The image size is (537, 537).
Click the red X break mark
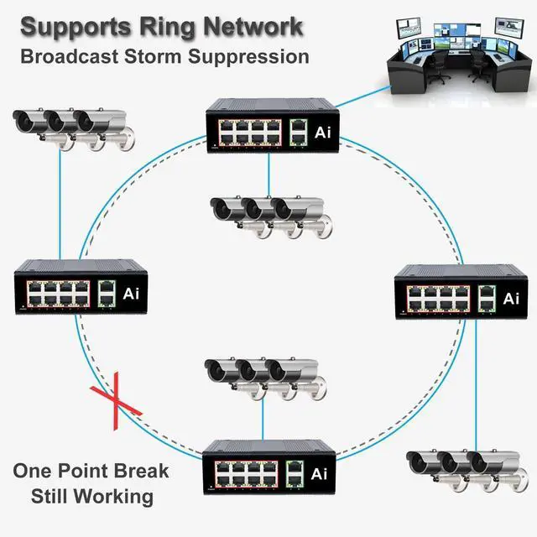pyautogui.click(x=116, y=401)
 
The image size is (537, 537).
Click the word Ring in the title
pyautogui.click(x=167, y=27)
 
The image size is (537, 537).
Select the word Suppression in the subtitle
pyautogui.click(x=248, y=57)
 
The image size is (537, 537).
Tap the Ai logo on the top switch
pyautogui.click(x=323, y=133)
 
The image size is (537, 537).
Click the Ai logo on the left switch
pyautogui.click(x=131, y=294)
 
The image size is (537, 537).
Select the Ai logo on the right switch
pyautogui.click(x=511, y=299)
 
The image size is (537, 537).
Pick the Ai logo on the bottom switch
pyautogui.click(x=319, y=474)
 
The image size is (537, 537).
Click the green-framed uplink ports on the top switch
pyautogui.click(x=299, y=133)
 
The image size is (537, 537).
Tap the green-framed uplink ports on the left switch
pyautogui.click(x=107, y=294)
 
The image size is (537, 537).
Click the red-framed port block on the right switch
pyautogui.click(x=438, y=299)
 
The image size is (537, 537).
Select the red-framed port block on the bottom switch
pyautogui.click(x=246, y=474)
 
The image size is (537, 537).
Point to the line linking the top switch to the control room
pyautogui.click(x=363, y=96)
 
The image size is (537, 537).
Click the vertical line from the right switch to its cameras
pyautogui.click(x=476, y=385)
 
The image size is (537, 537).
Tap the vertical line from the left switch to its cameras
pyautogui.click(x=60, y=203)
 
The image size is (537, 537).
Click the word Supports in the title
pyautogui.click(x=76, y=28)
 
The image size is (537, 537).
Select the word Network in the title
pyautogui.click(x=253, y=27)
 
